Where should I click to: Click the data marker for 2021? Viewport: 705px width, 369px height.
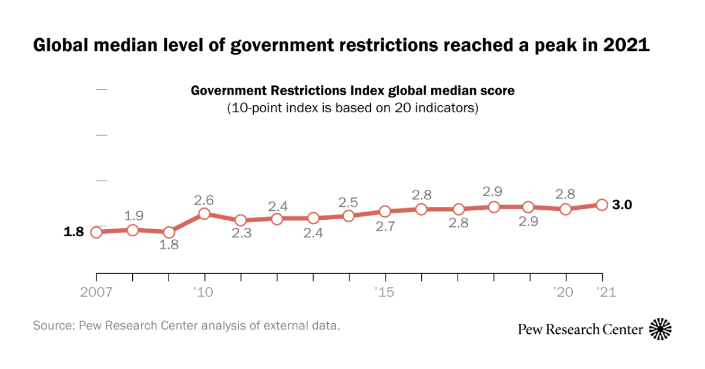[x=602, y=204]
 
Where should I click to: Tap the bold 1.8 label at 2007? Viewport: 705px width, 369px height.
[x=75, y=232]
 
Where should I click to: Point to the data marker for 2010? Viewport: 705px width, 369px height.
[x=204, y=213]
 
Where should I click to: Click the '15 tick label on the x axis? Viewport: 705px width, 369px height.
[x=385, y=292]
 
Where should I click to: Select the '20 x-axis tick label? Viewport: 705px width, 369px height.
[x=565, y=292]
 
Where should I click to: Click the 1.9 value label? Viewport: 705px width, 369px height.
[x=133, y=215]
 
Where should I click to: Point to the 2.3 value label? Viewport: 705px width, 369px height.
[x=240, y=233]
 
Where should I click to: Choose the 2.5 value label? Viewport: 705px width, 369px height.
[x=348, y=202]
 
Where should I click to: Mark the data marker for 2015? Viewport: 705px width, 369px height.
[x=385, y=211]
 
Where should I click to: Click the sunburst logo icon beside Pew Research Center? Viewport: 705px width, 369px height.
[x=660, y=329]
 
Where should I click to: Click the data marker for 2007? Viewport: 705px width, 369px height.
[x=96, y=232]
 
